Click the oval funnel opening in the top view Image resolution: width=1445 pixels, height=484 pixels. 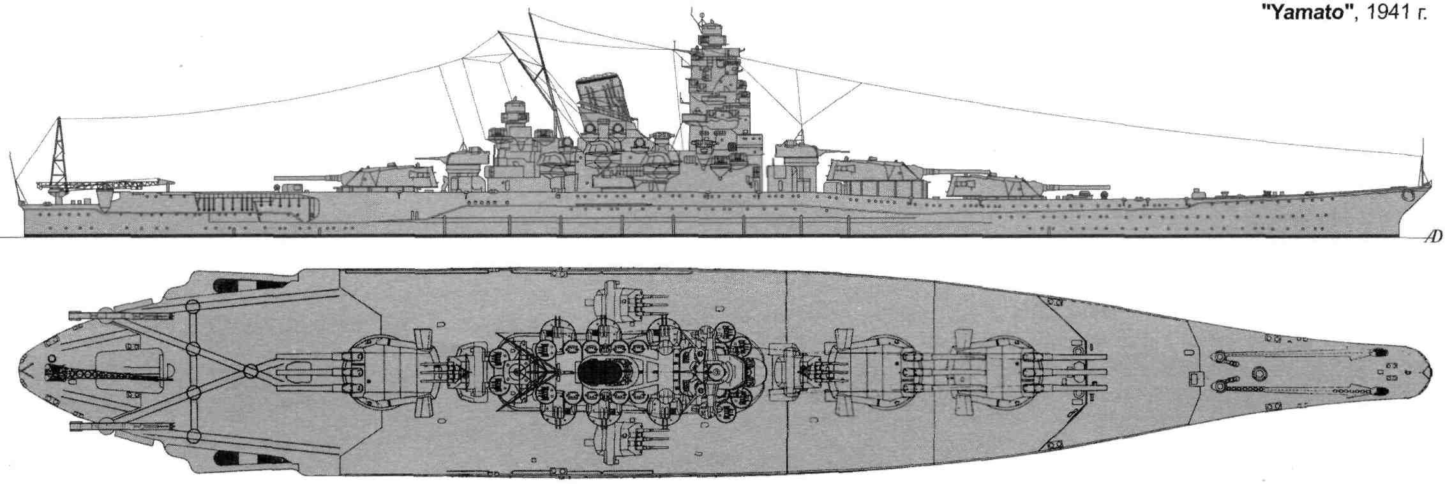(x=601, y=371)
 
